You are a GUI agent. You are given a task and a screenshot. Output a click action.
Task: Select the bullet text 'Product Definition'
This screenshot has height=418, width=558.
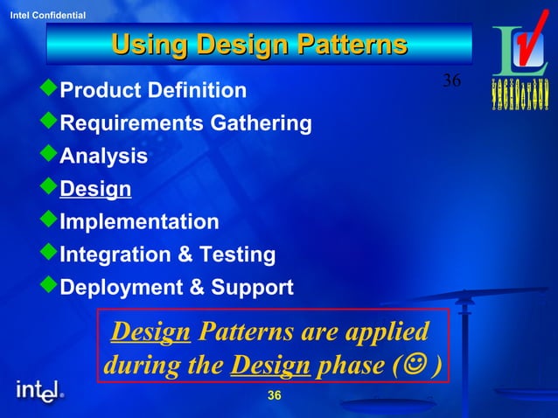pos(153,90)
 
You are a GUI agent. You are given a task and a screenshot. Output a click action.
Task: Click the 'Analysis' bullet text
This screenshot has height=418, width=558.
pos(103,157)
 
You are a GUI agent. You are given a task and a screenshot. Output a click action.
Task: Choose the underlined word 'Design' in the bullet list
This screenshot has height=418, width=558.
pos(95,189)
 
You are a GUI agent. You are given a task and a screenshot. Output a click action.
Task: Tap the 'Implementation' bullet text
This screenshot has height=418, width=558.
pos(139,221)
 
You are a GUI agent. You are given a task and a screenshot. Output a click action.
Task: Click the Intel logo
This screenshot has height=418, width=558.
pos(39,391)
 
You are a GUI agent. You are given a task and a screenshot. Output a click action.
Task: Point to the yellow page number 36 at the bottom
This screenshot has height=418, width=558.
pos(274,397)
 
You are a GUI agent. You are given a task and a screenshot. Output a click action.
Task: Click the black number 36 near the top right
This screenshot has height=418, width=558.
pos(451,81)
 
